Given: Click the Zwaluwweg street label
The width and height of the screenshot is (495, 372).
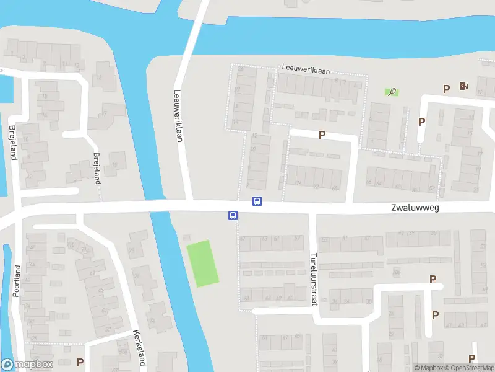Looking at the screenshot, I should (415, 208).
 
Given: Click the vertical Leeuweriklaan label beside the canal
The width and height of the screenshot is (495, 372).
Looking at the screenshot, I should (178, 114).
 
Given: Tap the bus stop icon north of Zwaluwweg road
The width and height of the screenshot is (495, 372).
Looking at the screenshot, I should (257, 201).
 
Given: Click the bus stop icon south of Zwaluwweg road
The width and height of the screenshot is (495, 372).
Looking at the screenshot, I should (233, 216).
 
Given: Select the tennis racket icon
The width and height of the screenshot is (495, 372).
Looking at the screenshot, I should (392, 92).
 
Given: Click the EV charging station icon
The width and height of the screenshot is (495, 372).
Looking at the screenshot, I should (463, 86).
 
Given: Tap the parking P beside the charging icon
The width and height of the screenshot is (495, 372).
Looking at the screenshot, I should (446, 89).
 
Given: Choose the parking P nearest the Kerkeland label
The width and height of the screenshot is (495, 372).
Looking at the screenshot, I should (80, 362).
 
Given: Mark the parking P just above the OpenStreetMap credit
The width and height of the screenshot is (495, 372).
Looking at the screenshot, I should (472, 358).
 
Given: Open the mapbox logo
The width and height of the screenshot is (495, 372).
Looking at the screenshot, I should (27, 365).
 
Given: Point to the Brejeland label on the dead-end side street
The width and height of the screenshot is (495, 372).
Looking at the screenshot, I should (96, 168).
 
